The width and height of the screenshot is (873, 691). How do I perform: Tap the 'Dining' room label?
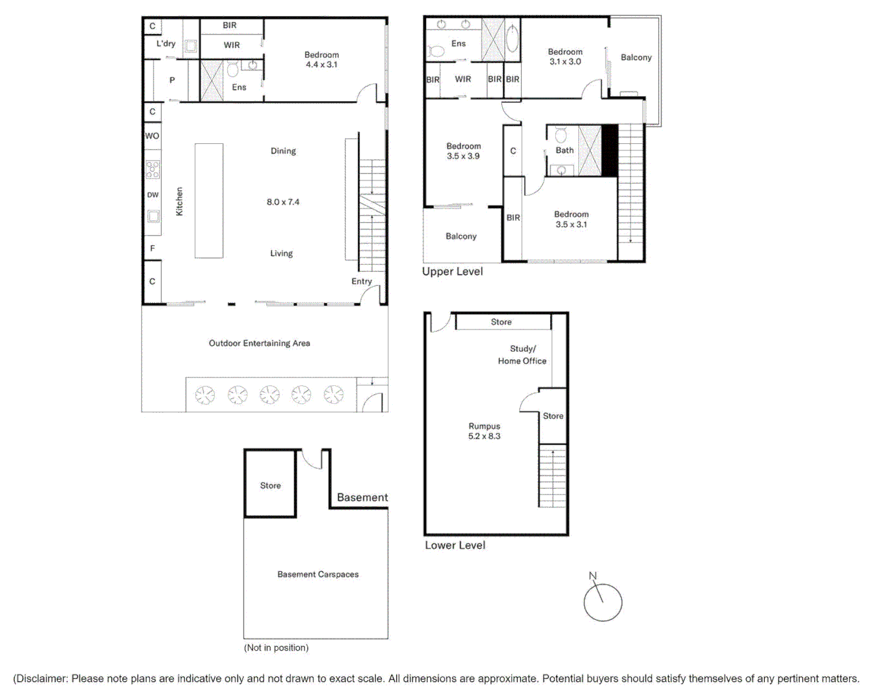pos(283,151)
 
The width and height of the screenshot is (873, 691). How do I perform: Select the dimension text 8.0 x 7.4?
pos(283,202)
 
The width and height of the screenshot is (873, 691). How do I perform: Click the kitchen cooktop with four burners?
pos(152,170)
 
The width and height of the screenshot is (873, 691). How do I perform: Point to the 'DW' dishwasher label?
pos(152,195)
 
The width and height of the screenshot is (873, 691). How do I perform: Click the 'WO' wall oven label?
pos(152,136)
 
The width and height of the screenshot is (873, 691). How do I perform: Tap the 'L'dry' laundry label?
pos(166,44)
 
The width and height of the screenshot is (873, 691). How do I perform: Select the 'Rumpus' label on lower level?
pos(484,426)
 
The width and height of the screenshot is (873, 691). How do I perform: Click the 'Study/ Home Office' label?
pos(523,355)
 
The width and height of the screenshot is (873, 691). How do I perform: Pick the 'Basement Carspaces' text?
pos(318,575)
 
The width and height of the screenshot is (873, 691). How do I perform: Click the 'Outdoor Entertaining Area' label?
pos(259,344)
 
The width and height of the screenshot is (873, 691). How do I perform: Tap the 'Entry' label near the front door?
pos(361,282)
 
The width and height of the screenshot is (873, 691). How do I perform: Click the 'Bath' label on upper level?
pos(564,150)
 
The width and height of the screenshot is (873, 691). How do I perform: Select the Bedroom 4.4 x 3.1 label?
pos(321,60)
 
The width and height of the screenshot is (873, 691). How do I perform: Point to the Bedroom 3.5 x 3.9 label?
pos(463,151)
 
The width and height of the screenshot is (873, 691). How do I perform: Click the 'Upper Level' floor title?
pos(452,271)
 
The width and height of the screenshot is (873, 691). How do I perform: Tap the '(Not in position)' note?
pos(276,647)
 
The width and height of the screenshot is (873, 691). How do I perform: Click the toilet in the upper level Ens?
pos(436,51)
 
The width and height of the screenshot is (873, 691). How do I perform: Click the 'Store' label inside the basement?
pos(270,486)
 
